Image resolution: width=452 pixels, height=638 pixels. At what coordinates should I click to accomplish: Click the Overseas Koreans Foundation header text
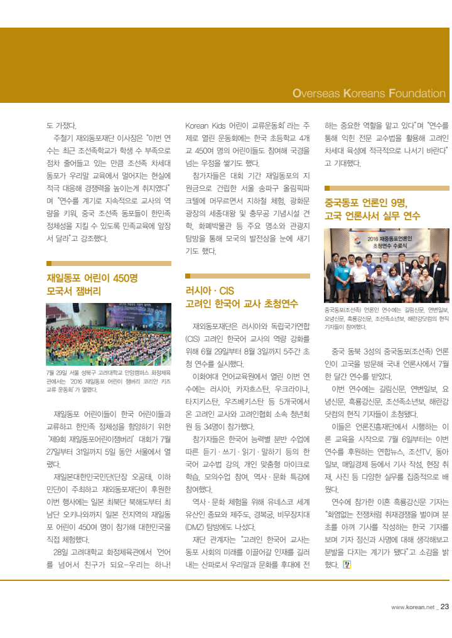369,93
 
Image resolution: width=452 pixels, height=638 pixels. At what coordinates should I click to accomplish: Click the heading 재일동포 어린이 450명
92,278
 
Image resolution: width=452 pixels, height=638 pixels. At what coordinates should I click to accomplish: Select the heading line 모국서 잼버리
73,292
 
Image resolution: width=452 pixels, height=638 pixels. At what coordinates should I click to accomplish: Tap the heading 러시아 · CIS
210,290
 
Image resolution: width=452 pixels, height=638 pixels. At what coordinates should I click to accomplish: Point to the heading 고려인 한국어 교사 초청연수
242,304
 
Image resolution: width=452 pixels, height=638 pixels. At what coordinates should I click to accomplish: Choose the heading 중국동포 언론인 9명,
366,203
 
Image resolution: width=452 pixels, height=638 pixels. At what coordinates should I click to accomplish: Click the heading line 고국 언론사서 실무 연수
372,216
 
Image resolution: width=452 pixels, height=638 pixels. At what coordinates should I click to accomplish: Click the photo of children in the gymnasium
109,334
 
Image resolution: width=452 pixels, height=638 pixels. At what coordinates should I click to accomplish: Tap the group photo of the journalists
387,267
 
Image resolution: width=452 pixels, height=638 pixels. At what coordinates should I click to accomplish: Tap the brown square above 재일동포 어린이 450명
49,263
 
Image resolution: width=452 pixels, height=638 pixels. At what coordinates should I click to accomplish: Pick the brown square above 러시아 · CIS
188,276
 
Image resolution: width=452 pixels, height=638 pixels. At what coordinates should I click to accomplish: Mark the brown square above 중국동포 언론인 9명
327,188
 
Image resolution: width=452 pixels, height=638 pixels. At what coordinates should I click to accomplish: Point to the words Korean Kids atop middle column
206,125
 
